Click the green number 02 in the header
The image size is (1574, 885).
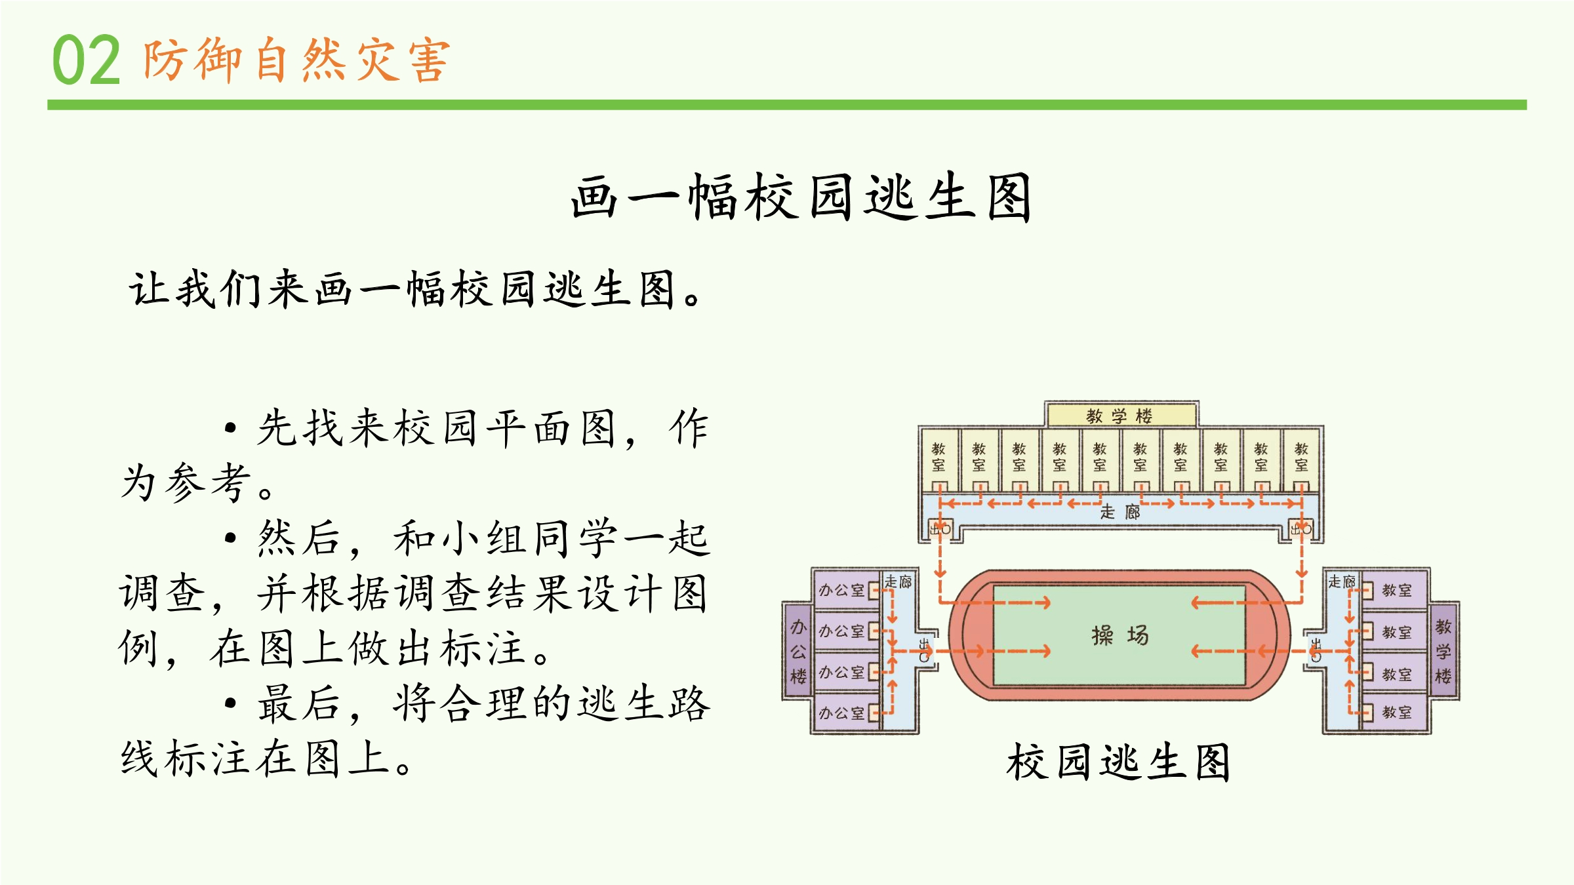click(x=86, y=60)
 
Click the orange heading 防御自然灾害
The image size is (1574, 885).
click(x=296, y=60)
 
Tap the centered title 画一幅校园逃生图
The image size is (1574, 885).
click(x=801, y=197)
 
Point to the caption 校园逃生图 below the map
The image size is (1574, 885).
click(x=1118, y=762)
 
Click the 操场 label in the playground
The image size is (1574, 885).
click(x=1120, y=635)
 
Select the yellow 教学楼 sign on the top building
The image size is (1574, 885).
click(x=1120, y=416)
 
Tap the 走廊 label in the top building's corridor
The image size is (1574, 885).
click(x=1120, y=512)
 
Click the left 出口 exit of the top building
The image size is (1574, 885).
click(x=940, y=528)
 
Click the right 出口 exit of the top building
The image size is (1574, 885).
click(x=1301, y=528)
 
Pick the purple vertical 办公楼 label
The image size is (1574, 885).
click(x=798, y=652)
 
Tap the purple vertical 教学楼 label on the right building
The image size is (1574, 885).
click(x=1443, y=652)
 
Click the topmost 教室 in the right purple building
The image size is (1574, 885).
click(x=1396, y=590)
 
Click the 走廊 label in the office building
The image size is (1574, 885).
click(x=898, y=581)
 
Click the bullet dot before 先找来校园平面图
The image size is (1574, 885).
click(x=230, y=429)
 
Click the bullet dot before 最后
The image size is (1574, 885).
click(x=230, y=703)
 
